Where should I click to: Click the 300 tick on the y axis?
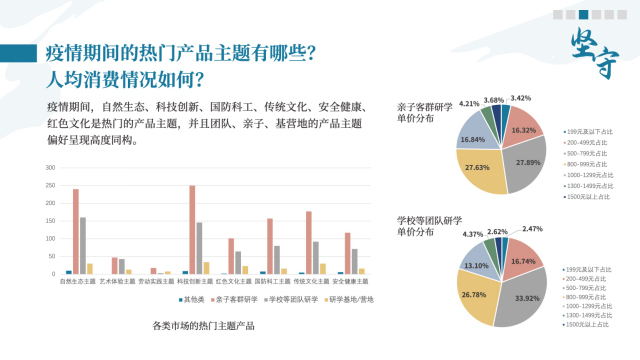(x=50, y=165)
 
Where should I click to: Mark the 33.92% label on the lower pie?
(x=521, y=297)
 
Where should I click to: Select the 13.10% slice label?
(x=476, y=265)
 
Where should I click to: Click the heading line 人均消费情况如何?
(x=125, y=78)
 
